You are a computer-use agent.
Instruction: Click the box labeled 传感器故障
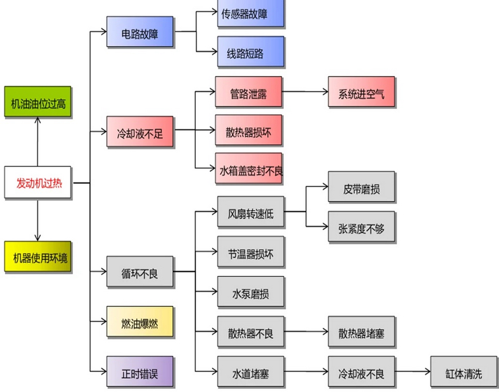click(250, 14)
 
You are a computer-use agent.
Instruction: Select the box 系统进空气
click(362, 93)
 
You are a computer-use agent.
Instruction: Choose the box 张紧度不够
click(362, 228)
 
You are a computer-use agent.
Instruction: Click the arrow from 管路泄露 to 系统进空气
click(305, 93)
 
